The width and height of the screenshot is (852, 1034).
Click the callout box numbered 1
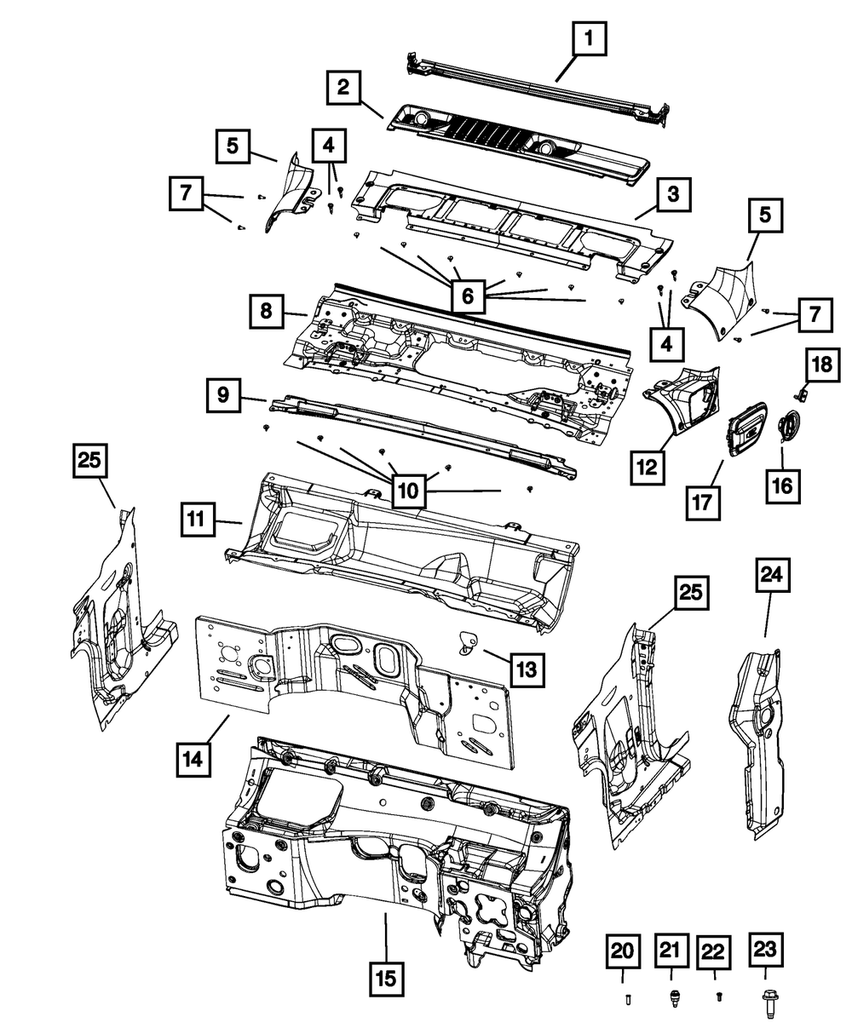[x=594, y=38]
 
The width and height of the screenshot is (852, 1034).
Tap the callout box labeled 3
[x=672, y=194]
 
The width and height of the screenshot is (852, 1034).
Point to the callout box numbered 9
[x=222, y=394]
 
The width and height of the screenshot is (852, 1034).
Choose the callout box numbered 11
[x=197, y=519]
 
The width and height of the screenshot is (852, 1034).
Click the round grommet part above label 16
[x=790, y=424]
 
